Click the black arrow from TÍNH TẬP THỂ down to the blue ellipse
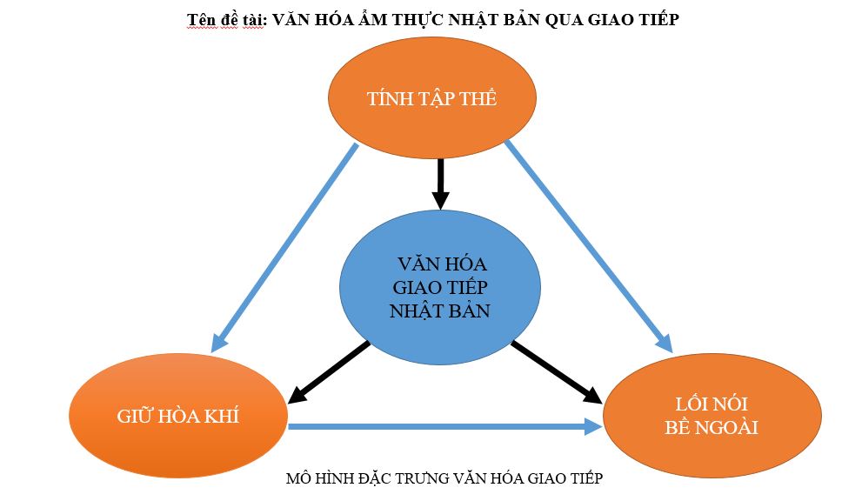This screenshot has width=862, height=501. [440, 183]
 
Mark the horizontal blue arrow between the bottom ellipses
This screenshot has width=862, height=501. [444, 426]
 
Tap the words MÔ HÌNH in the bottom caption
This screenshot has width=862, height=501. [317, 478]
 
